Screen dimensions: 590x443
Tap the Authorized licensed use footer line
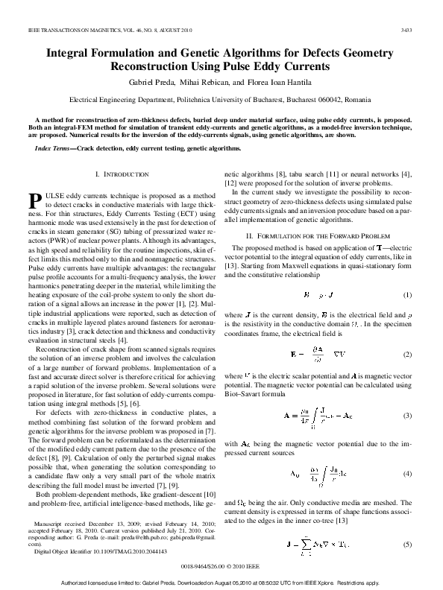tap(221, 582)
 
